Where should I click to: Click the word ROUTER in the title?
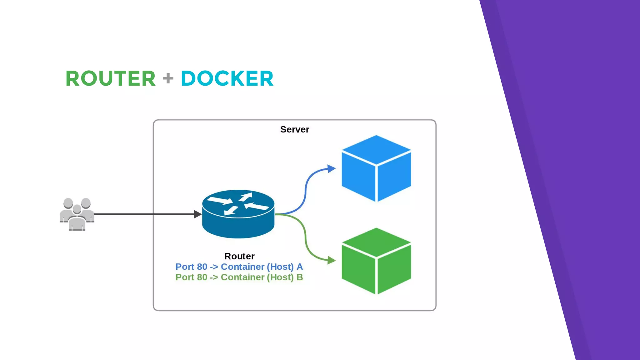coord(110,78)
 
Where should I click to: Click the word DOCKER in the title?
coord(227,78)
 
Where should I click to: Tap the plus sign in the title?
coord(168,78)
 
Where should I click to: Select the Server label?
coord(294,129)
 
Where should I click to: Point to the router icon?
coord(238,214)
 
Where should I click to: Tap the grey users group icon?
coord(77,214)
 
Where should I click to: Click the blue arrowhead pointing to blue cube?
coord(331,169)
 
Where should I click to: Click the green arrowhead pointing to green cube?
coord(331,260)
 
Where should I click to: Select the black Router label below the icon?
coord(239,256)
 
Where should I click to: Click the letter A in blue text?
coord(300,267)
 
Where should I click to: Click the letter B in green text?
coord(300,277)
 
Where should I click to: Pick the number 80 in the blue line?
coord(202,267)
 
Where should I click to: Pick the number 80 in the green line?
coord(202,277)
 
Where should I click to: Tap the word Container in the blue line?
coord(242,267)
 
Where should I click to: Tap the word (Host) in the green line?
coord(280,277)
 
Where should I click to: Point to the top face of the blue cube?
coord(376,149)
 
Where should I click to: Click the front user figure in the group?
coord(77,220)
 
